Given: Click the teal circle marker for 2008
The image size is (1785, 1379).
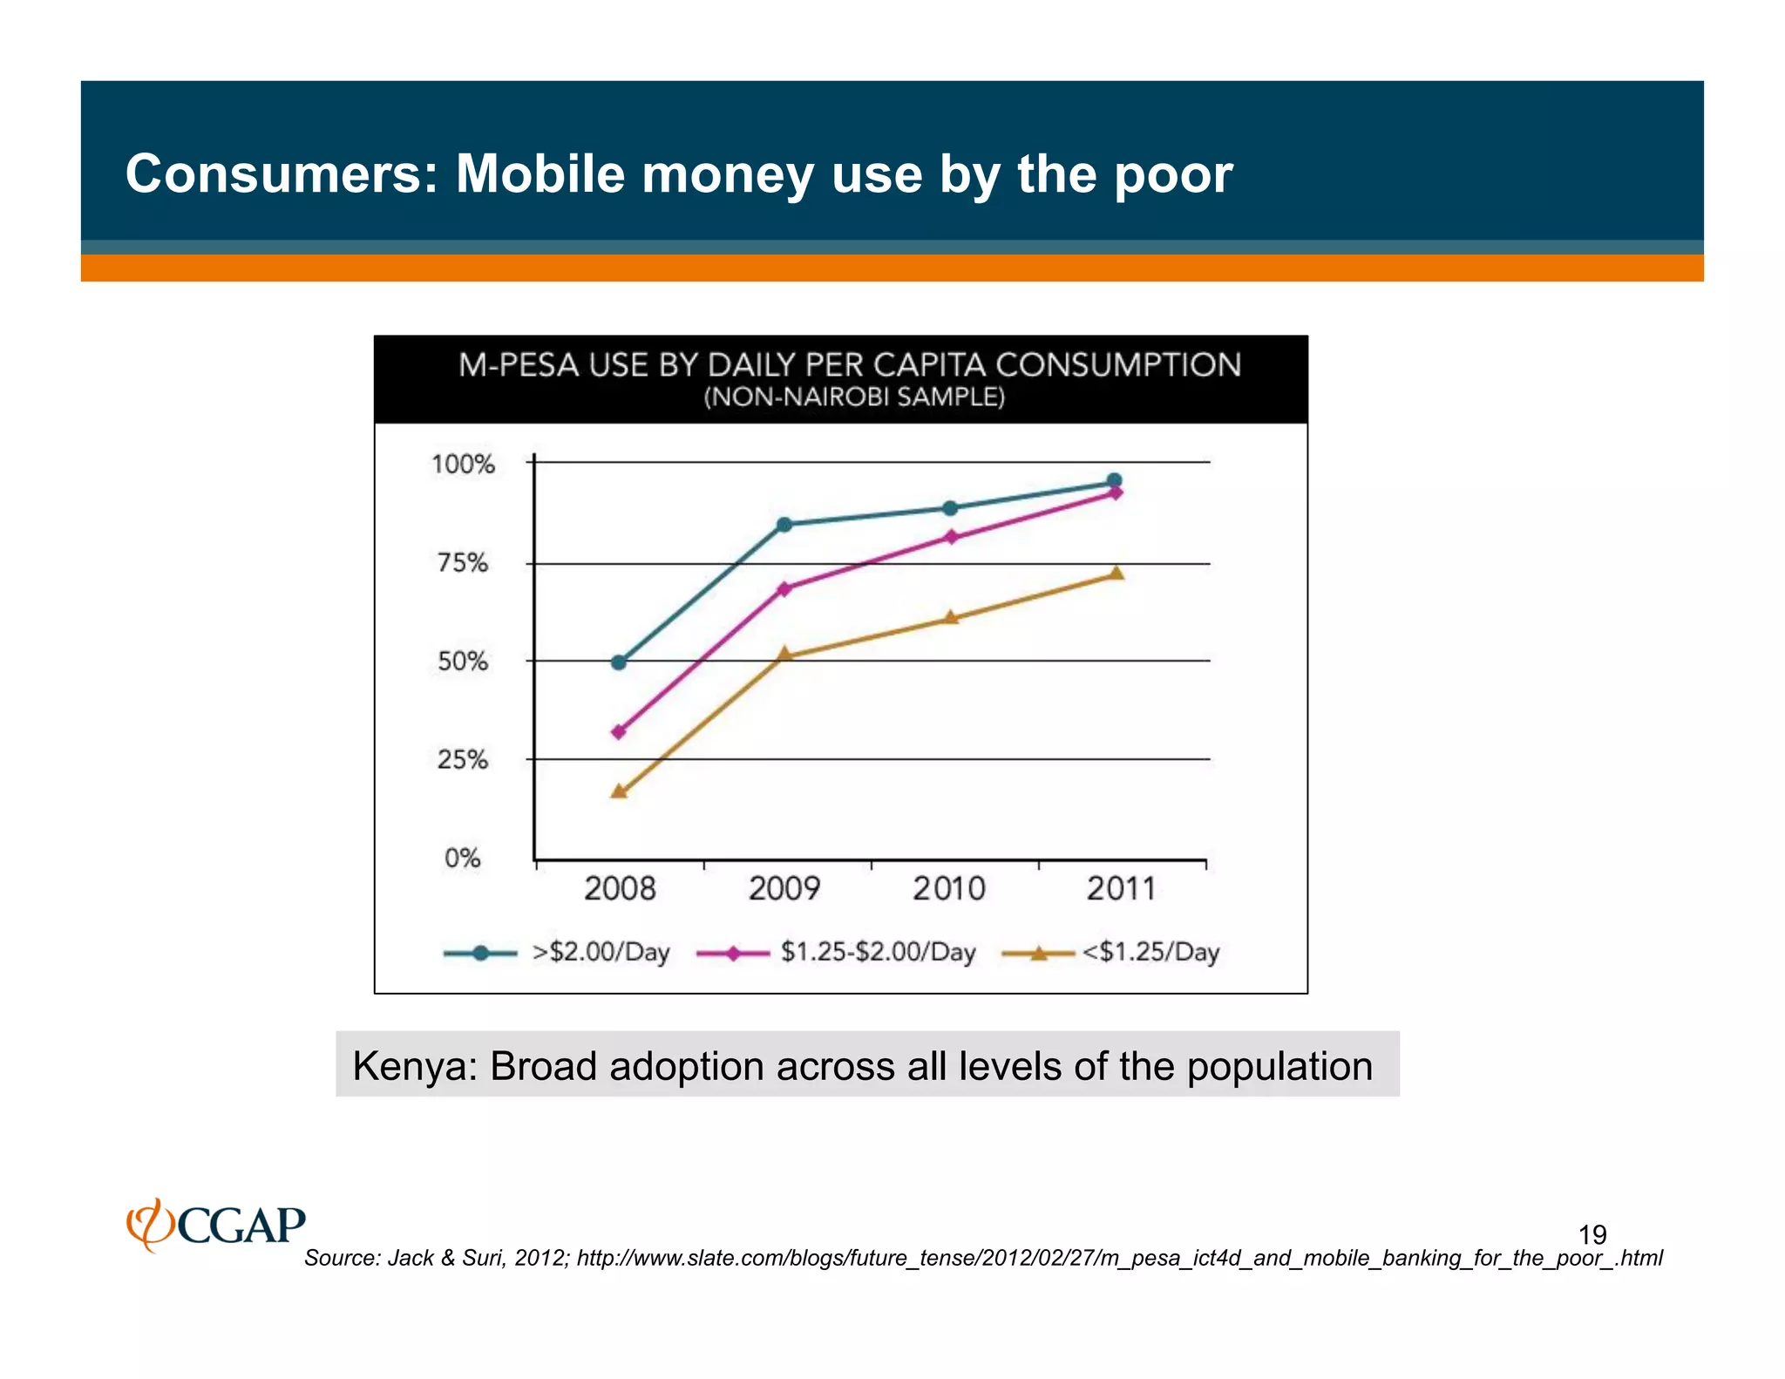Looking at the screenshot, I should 619,662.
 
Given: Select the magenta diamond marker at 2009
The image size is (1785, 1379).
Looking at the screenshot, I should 784,589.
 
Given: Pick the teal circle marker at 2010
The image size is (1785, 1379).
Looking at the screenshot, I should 950,508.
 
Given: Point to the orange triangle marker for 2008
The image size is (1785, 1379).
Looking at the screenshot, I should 619,791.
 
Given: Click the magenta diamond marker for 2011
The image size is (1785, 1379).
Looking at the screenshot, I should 1116,493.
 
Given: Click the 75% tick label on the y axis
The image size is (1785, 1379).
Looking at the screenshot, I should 463,563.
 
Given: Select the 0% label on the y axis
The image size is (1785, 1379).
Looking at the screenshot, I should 463,859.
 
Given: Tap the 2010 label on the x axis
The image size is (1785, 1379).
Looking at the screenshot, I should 948,889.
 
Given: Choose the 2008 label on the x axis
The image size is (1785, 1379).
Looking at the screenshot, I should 619,889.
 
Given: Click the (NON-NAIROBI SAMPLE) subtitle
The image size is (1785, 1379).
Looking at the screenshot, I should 854,397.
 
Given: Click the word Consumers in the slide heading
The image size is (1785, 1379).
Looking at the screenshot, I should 281,173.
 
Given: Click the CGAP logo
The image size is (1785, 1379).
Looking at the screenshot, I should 216,1225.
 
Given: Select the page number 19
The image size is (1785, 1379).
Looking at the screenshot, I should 1592,1234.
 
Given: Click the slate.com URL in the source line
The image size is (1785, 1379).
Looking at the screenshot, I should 1119,1258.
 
